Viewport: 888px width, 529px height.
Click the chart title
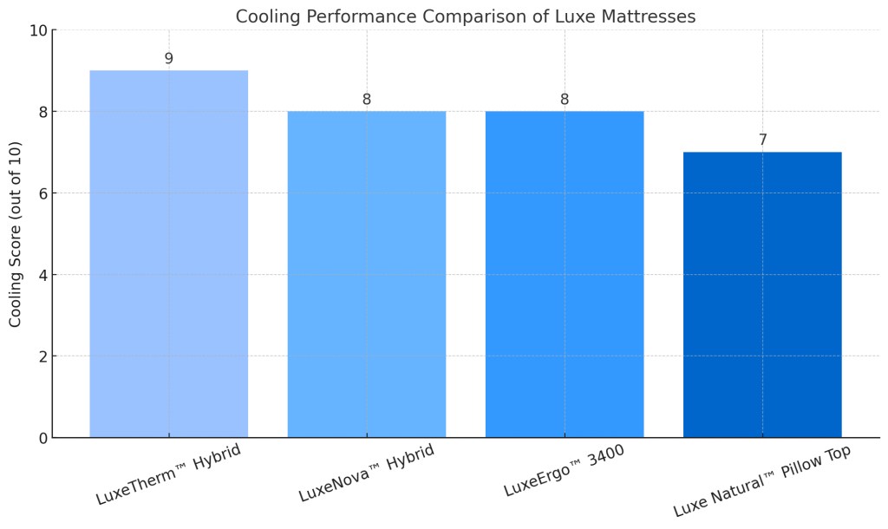[465, 16]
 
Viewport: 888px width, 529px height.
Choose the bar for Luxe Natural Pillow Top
[762, 295]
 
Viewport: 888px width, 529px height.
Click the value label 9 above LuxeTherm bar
[168, 59]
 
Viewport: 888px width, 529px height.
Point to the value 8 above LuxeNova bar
[366, 100]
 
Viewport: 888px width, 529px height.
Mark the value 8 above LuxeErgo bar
[565, 100]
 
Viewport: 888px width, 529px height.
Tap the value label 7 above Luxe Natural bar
[762, 140]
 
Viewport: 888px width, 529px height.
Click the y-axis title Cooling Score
[16, 234]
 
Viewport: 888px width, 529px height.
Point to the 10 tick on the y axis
[36, 30]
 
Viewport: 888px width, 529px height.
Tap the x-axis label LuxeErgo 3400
[565, 472]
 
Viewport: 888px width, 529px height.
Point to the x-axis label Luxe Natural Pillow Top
[761, 481]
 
